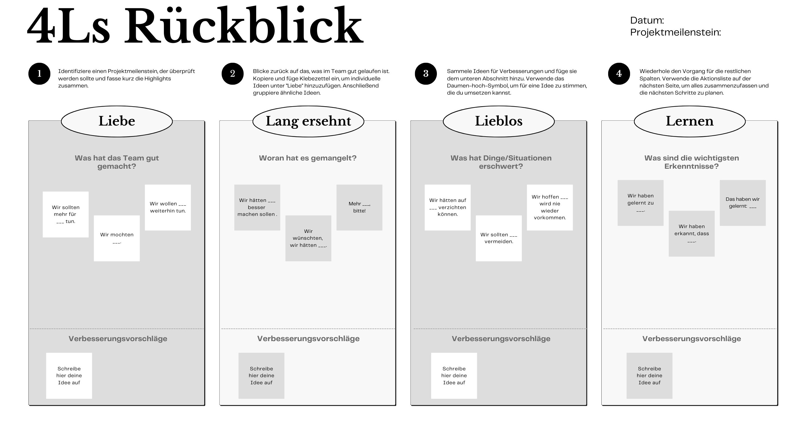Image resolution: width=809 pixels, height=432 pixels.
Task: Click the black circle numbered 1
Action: pyautogui.click(x=39, y=74)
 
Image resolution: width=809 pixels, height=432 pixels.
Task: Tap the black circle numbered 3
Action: pyautogui.click(x=426, y=74)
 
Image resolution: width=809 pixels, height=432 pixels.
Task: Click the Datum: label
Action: pyautogui.click(x=647, y=20)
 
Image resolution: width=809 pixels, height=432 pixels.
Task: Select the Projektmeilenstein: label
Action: pyautogui.click(x=675, y=32)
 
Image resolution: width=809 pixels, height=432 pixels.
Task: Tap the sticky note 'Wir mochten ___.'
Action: pyautogui.click(x=117, y=238)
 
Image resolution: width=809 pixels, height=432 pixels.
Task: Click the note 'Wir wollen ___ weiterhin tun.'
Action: pyautogui.click(x=168, y=208)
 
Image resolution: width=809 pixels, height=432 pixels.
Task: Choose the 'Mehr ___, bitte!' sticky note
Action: pyautogui.click(x=359, y=208)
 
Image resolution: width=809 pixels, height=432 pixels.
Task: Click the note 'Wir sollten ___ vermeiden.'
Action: pyautogui.click(x=499, y=238)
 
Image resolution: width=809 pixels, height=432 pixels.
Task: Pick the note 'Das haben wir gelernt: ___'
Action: pyautogui.click(x=743, y=203)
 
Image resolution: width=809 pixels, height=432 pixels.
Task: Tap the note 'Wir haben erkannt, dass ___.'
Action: pyautogui.click(x=692, y=233)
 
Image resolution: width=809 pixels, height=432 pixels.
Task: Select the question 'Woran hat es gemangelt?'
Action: pyautogui.click(x=308, y=158)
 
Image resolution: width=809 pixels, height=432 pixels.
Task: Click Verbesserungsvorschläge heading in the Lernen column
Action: pyautogui.click(x=692, y=339)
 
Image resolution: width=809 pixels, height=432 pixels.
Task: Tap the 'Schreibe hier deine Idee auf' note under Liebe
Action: pyautogui.click(x=69, y=376)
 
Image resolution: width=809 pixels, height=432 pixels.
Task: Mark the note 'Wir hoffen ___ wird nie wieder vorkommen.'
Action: pyautogui.click(x=550, y=208)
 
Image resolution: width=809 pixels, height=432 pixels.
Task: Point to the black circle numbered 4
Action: pyautogui.click(x=619, y=74)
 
